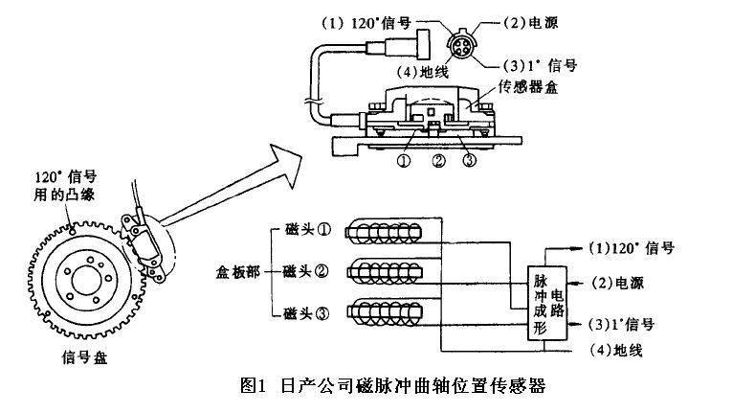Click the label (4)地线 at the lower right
[x=615, y=351]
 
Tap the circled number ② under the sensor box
[x=437, y=161]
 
